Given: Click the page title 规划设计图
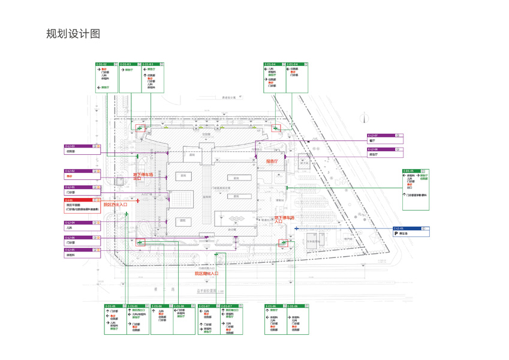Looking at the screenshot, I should [x=73, y=34].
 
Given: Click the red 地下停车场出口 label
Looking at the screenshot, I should [x=143, y=176].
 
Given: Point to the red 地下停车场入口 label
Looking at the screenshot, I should [x=286, y=220].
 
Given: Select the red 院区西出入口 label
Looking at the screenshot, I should [x=115, y=205].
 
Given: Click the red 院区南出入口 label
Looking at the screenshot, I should [x=206, y=273].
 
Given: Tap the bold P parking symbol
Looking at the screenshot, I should [x=396, y=233].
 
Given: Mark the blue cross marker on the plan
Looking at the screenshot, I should [x=296, y=229].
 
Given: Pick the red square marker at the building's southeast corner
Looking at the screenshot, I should [x=283, y=244].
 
